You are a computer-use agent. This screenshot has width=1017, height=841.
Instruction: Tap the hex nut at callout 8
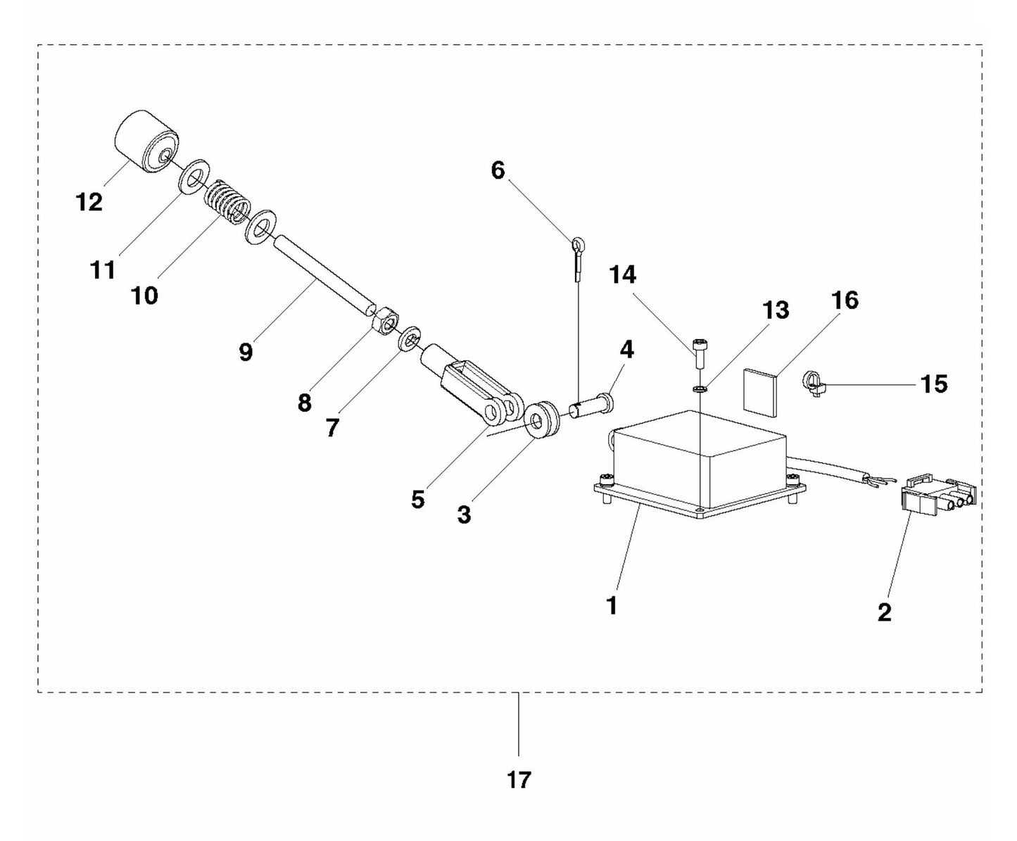[x=384, y=322]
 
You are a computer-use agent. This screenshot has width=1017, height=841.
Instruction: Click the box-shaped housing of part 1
[x=700, y=461]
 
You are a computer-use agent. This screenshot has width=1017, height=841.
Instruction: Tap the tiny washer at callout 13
[x=700, y=388]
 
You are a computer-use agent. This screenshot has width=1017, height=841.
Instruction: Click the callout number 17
[x=519, y=780]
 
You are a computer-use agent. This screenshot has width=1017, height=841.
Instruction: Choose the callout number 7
[x=332, y=427]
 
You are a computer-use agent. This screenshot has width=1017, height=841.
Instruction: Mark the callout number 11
[x=103, y=270]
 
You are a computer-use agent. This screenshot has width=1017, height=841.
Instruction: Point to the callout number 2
[x=885, y=612]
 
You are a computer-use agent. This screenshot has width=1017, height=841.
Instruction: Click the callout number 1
[x=612, y=605]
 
